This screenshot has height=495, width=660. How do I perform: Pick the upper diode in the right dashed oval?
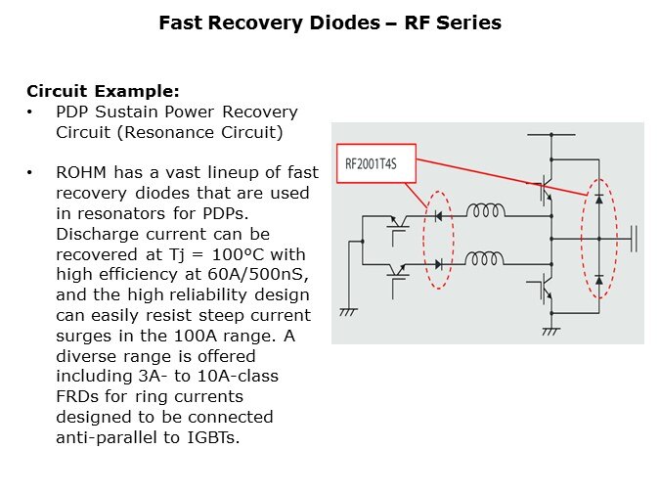tap(598, 199)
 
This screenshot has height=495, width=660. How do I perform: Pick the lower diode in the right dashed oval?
tap(598, 279)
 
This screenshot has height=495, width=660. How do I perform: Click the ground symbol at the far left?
tap(345, 312)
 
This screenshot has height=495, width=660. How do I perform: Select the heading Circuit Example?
tap(103, 91)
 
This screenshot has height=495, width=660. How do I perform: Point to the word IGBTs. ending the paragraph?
tap(209, 436)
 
